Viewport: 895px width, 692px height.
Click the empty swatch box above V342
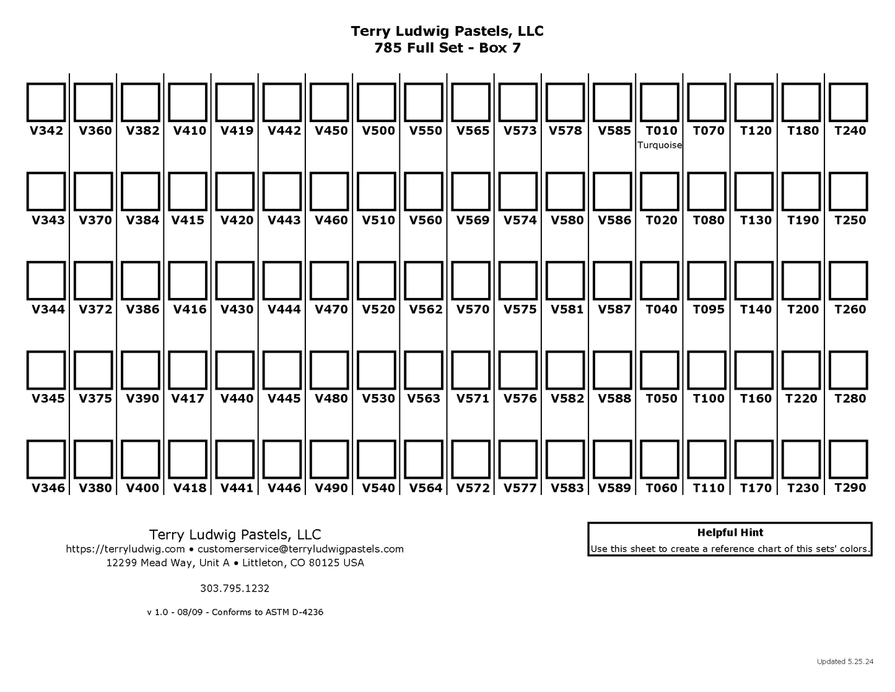46,103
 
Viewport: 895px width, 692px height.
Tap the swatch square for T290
849,460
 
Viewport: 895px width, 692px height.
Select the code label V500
378,131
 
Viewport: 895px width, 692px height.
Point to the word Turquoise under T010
660,146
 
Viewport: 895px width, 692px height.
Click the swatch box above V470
330,281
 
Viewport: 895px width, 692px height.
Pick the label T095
709,309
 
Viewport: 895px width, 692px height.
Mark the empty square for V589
613,460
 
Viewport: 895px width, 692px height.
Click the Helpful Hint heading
730,533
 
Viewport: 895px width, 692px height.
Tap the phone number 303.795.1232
235,589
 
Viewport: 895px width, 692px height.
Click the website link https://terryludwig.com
126,549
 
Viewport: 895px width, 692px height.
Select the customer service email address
300,549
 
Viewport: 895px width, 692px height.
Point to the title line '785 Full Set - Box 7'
447,48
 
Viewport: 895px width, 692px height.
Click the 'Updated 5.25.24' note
845,662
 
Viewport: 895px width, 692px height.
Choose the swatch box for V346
46,460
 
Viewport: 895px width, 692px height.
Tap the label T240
850,131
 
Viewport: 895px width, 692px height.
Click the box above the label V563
424,370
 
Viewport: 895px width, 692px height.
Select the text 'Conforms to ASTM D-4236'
268,613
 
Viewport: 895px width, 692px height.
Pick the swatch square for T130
754,192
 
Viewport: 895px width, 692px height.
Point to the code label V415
188,220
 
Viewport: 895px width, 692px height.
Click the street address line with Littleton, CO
235,563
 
